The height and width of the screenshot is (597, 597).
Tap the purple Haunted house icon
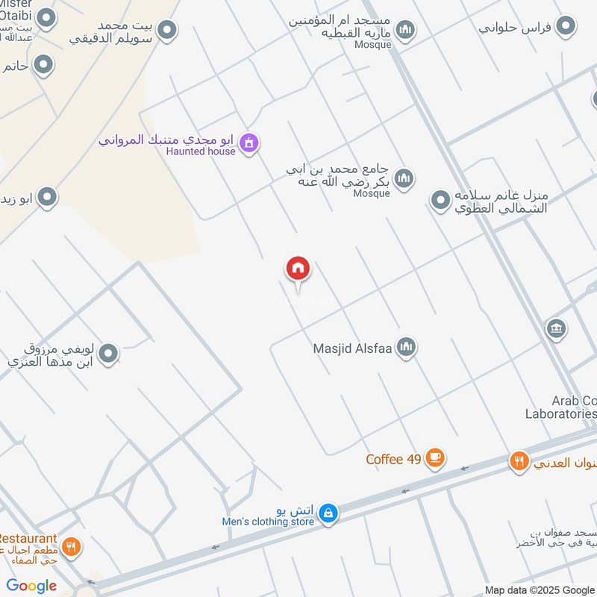click(250, 142)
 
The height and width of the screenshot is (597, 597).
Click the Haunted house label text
click(200, 151)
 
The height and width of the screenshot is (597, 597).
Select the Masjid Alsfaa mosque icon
click(406, 346)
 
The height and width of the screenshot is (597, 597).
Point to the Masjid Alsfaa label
click(353, 348)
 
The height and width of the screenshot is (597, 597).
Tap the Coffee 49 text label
click(394, 459)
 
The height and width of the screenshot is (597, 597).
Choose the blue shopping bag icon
click(328, 513)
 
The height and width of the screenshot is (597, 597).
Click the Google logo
click(32, 586)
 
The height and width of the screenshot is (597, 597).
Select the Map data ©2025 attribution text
click(540, 590)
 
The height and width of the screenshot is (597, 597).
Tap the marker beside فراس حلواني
click(566, 27)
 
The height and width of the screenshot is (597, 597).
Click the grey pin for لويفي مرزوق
click(109, 354)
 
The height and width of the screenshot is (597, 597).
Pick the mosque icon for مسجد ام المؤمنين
click(405, 29)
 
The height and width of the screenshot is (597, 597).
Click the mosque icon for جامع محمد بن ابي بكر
click(405, 178)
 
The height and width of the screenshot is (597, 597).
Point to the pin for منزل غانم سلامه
click(440, 199)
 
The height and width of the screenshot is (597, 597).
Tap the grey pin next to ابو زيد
click(48, 198)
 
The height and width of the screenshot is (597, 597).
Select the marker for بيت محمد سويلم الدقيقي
click(167, 30)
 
